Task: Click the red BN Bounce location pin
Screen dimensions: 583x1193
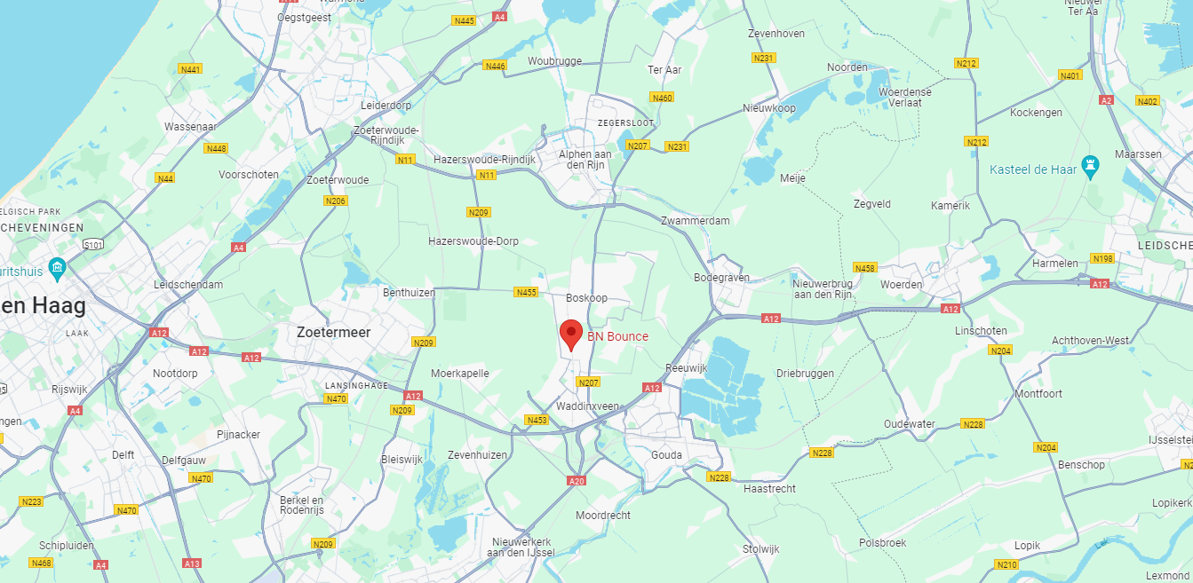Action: tap(571, 335)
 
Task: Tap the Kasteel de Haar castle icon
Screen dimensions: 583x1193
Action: tap(1091, 168)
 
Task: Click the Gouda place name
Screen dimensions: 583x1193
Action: tap(667, 455)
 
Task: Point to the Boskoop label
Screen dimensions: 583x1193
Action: tap(587, 298)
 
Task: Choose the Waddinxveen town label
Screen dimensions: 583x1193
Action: tap(587, 406)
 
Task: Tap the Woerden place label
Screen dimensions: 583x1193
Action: tap(901, 284)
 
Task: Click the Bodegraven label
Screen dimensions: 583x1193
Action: tap(721, 278)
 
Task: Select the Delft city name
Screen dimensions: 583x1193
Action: tap(123, 454)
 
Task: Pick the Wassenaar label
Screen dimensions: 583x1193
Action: tap(191, 127)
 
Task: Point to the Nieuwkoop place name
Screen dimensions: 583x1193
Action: tap(769, 108)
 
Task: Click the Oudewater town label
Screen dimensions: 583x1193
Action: tap(910, 424)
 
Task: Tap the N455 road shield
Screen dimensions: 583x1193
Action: tap(526, 292)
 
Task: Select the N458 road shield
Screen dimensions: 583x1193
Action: tap(864, 267)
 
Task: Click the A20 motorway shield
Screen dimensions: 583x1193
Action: tap(577, 481)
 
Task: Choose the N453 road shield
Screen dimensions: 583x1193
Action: tap(537, 420)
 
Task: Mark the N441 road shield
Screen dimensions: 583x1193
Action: tap(190, 69)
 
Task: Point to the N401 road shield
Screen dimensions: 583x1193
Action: tap(1070, 76)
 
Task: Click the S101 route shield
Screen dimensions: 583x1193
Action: tap(93, 244)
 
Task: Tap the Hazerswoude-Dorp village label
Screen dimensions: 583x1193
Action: tap(473, 241)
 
